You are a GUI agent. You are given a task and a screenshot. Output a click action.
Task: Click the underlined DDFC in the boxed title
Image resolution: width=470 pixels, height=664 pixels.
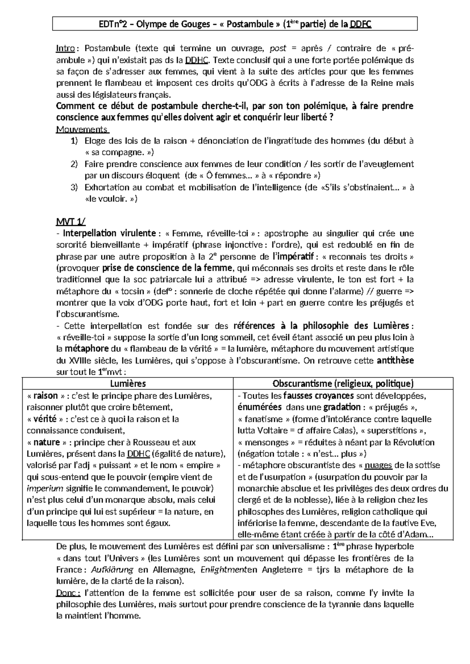click(x=360, y=24)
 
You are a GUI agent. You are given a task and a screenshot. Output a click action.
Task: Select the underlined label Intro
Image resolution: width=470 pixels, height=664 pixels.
click(x=65, y=49)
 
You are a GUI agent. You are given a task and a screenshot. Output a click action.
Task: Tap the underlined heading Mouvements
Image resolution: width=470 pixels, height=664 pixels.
click(x=82, y=129)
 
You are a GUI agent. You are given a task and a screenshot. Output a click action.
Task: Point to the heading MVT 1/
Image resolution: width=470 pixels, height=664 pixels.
click(x=67, y=222)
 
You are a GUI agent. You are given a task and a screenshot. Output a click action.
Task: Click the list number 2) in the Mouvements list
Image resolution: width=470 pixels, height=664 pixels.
click(x=74, y=164)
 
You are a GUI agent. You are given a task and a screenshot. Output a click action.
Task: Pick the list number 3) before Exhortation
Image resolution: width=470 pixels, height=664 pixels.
click(x=74, y=187)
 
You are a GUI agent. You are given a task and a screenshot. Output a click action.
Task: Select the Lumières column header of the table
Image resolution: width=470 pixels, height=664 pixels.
click(x=128, y=384)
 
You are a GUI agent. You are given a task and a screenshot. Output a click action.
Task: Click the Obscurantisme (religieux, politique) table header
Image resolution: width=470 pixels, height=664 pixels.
click(x=343, y=384)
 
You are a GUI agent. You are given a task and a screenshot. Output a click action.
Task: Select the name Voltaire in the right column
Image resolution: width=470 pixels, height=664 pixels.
click(x=271, y=431)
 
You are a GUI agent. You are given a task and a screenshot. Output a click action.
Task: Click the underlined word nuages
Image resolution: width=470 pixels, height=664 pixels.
click(x=378, y=466)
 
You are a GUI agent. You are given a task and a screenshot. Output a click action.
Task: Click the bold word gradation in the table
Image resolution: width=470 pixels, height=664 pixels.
click(x=342, y=407)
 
